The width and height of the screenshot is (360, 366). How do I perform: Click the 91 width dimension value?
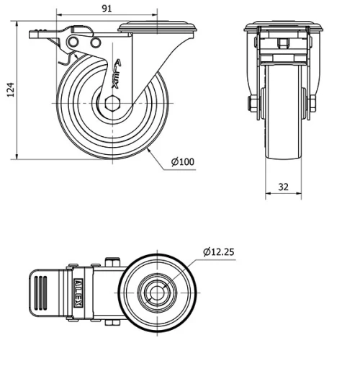[x=106, y=8]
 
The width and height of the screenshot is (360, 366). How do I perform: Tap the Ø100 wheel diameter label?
[x=184, y=161]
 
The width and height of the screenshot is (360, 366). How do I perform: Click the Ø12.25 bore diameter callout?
[x=219, y=251]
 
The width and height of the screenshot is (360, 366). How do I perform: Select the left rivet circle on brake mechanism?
[x=73, y=44]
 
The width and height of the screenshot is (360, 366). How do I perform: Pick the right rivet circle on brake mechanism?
[x=95, y=44]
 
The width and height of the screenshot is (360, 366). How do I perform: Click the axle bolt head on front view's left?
[x=253, y=106]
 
